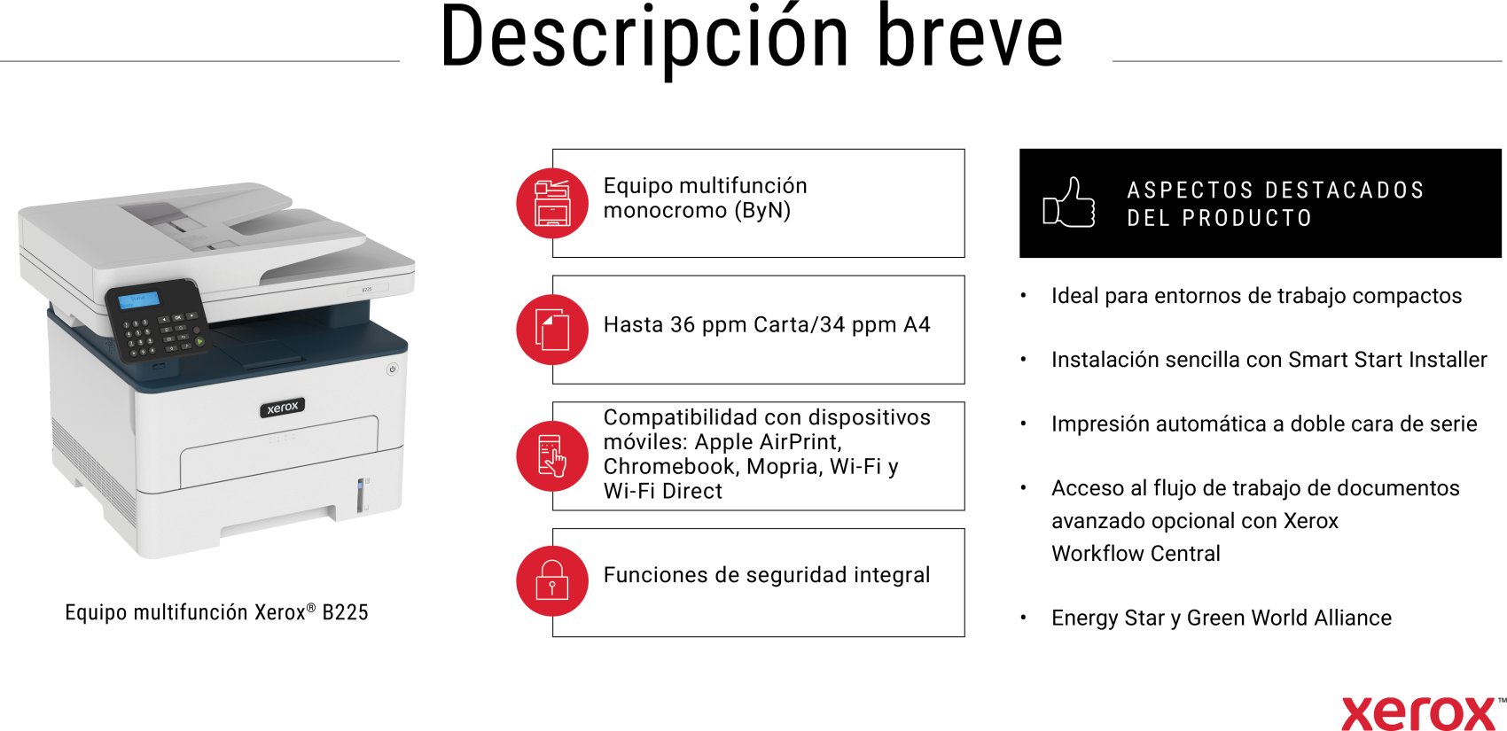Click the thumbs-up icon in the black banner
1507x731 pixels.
tap(1068, 202)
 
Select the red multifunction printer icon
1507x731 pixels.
tap(552, 203)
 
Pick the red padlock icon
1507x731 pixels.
tap(552, 581)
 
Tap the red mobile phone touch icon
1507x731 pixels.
tap(552, 456)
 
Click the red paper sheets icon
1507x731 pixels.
tap(552, 330)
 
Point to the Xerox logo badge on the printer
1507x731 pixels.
tap(283, 408)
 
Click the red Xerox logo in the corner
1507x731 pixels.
tap(1418, 713)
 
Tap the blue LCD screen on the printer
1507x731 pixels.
tap(139, 300)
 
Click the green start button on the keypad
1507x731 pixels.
tap(199, 342)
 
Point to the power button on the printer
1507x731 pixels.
tap(392, 369)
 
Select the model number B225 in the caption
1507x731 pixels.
tap(345, 612)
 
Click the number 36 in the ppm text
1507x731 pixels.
tap(683, 325)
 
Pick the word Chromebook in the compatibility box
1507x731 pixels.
tap(669, 466)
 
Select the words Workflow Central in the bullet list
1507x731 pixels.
tap(1136, 554)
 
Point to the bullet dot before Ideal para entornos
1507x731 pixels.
tap(1023, 296)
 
